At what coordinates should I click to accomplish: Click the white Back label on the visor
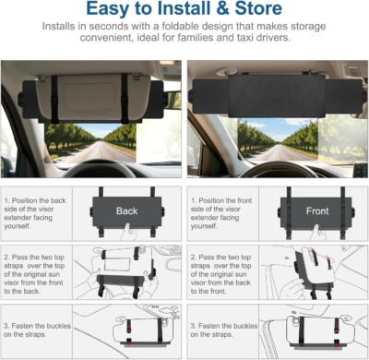126,210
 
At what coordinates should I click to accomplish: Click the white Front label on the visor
315,210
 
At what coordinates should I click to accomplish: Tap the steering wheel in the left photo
92,172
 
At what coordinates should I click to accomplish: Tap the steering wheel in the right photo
277,172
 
